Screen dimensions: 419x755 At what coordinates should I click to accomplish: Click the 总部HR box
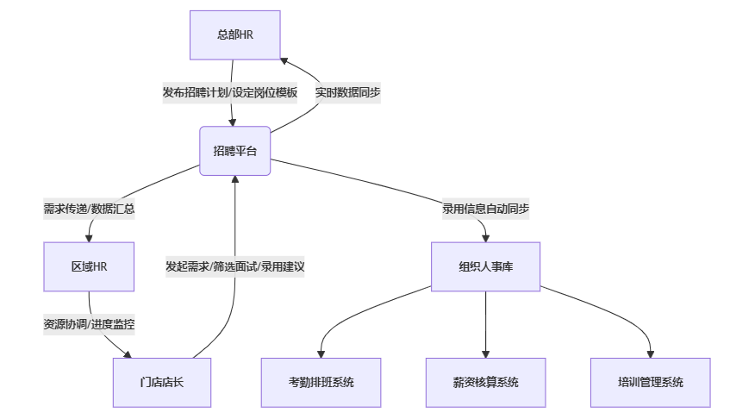coord(234,34)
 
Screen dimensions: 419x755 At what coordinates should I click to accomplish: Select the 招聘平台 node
coord(234,151)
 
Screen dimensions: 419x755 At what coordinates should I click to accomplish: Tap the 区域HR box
coord(89,266)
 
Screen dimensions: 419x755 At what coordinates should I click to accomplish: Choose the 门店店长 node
coord(161,382)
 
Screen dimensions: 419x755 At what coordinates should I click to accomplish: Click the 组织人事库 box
coord(486,266)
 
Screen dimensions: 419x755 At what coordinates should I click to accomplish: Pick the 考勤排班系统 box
coord(321,382)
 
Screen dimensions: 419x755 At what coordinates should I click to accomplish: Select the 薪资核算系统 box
coord(485,382)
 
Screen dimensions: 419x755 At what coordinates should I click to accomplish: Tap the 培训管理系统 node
coord(650,382)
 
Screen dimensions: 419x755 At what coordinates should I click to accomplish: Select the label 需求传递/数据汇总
coord(89,209)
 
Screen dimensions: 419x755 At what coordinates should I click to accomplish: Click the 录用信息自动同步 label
coord(485,209)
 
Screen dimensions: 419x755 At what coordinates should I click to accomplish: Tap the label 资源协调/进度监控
coord(89,325)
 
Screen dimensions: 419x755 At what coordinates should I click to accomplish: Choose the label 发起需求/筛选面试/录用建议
coord(234,266)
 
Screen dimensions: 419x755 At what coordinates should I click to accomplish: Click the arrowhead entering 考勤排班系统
coord(321,353)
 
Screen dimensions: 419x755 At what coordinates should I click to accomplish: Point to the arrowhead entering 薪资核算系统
coord(485,353)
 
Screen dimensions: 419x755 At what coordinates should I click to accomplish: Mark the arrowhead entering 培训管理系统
coord(650,353)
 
